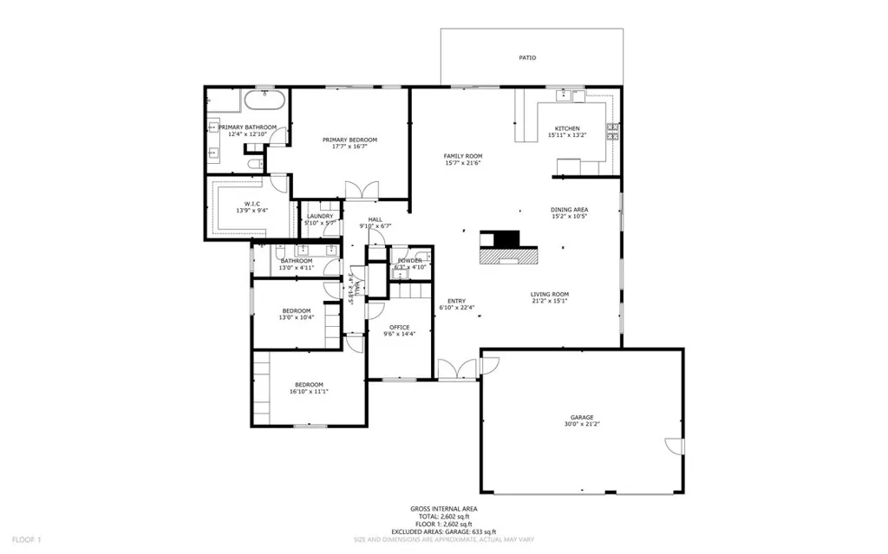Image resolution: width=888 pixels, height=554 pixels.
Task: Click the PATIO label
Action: [x=527, y=58]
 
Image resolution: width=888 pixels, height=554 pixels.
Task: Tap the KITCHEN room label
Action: [x=567, y=128]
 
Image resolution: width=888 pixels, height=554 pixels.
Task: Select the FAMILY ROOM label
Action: [x=462, y=156]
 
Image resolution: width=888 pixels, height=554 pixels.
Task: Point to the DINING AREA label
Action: [x=569, y=209]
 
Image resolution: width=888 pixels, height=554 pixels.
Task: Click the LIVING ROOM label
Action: [x=550, y=294]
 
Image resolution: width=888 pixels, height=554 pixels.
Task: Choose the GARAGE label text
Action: [x=582, y=417]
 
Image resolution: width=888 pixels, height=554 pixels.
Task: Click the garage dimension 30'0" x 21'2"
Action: [x=582, y=424]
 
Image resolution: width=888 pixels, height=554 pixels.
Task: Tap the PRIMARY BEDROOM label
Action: [x=349, y=140]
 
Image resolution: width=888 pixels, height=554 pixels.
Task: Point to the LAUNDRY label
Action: [x=320, y=216]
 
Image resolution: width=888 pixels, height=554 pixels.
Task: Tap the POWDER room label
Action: [x=409, y=260]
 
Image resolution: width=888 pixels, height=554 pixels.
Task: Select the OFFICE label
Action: [x=400, y=327]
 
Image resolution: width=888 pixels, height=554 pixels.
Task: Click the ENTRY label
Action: [x=456, y=301]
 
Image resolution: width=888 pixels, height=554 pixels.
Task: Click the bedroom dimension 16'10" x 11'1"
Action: [x=309, y=392]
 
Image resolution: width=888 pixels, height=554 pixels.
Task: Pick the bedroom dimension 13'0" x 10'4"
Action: [x=296, y=318]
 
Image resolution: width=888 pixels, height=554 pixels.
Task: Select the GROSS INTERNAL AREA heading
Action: [x=443, y=509]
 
